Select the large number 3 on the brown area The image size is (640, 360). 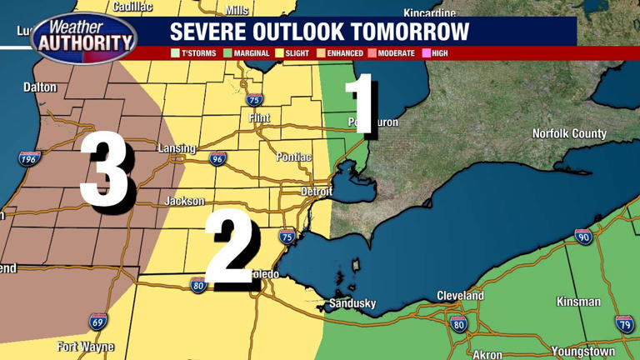pos(105,172)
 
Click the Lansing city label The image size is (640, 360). pos(177,149)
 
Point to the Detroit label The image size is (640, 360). pos(317,192)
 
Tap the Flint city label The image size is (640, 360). pos(259,118)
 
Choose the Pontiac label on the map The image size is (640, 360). pos(293,157)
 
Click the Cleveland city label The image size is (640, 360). pos(460,296)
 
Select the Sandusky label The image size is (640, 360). pos(352,303)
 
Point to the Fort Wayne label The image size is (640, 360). pos(85,347)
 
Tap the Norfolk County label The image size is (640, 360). pos(569,133)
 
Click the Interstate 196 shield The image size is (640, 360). pos(30,158)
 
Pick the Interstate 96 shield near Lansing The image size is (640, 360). pos(217,158)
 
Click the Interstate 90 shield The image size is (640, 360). pos(583,237)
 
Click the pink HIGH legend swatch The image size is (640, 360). pos(426,53)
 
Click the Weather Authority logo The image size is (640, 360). pos(83,37)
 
